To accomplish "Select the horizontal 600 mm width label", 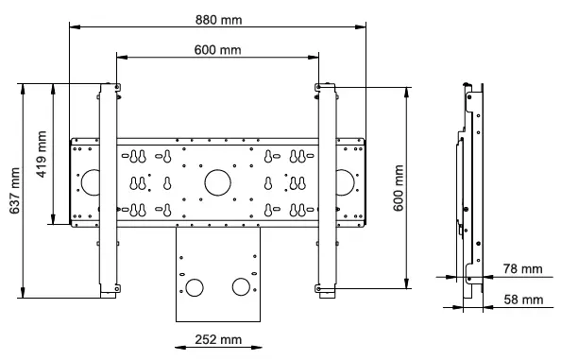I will click(217, 49).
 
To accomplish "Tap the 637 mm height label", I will click(12, 192).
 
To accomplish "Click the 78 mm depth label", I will click(524, 269).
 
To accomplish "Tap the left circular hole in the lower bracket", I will click(195, 286).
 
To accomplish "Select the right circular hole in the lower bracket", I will click(241, 286).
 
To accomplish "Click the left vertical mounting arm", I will click(107, 189).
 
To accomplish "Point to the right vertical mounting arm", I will click(327, 189).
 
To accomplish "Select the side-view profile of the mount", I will click(469, 189).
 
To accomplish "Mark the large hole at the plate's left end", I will click(91, 180).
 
